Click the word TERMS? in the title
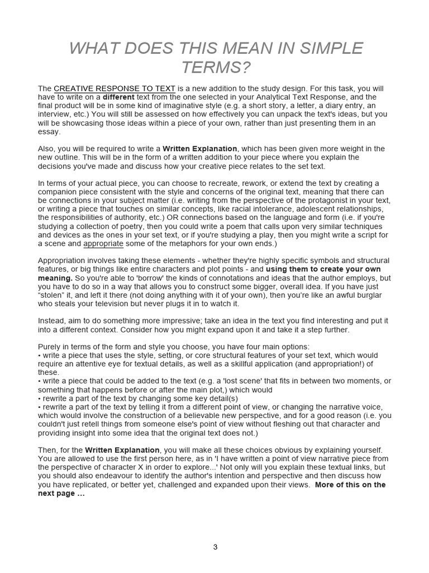215,68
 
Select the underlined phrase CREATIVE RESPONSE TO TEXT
115,88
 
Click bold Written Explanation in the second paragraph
200,148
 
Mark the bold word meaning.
55,278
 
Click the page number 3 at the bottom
215,547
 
